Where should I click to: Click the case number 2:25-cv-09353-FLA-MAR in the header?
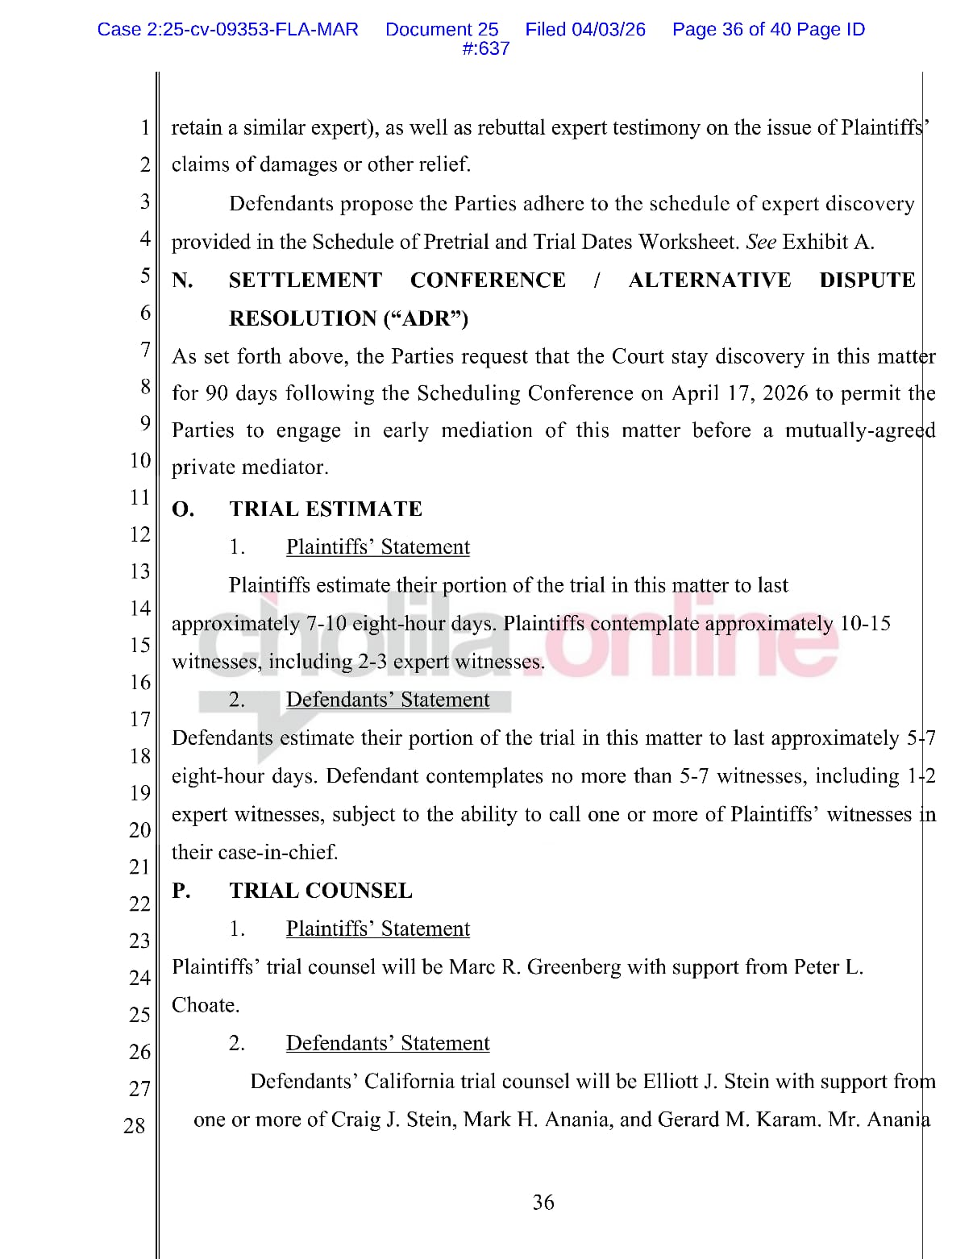click(x=227, y=30)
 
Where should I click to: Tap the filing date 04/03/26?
click(x=609, y=30)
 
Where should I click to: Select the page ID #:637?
click(x=485, y=49)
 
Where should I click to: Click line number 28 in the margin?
click(x=135, y=1126)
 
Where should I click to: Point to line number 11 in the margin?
click(x=139, y=497)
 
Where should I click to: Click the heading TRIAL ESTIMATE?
click(x=326, y=509)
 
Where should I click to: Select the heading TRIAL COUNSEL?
click(x=321, y=891)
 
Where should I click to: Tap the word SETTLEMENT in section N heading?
click(x=305, y=280)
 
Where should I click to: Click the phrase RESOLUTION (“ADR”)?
click(x=348, y=319)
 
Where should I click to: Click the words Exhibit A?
click(x=828, y=243)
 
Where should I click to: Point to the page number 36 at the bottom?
click(x=543, y=1203)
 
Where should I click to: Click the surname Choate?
click(x=205, y=1006)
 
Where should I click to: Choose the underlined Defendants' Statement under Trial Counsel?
click(x=387, y=1044)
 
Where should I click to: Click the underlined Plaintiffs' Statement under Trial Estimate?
click(x=377, y=547)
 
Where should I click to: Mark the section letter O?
click(x=183, y=509)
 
